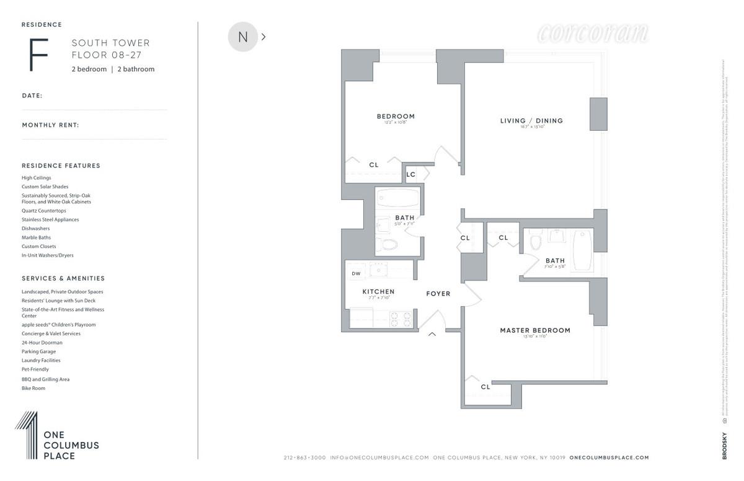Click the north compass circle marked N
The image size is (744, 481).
point(243,37)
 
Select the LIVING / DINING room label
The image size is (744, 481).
point(531,121)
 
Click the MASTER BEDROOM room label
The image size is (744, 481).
point(535,330)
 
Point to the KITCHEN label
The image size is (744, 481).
point(378,292)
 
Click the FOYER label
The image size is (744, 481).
point(438,294)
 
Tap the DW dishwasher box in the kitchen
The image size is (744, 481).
point(356,273)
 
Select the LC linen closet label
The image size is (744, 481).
point(410,175)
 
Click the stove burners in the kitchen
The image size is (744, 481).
point(401,319)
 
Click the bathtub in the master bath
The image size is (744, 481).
point(582,250)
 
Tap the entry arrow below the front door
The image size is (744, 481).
point(432,335)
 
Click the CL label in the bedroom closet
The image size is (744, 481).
point(374,165)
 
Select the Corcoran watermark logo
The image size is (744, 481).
point(593,33)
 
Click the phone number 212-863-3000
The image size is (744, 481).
point(304,457)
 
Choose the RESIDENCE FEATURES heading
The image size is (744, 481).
point(61,166)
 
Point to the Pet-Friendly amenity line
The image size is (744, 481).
point(35,369)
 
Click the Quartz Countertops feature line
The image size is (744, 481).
point(43,211)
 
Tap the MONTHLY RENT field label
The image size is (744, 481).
point(50,125)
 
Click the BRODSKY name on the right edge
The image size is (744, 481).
point(724,446)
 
